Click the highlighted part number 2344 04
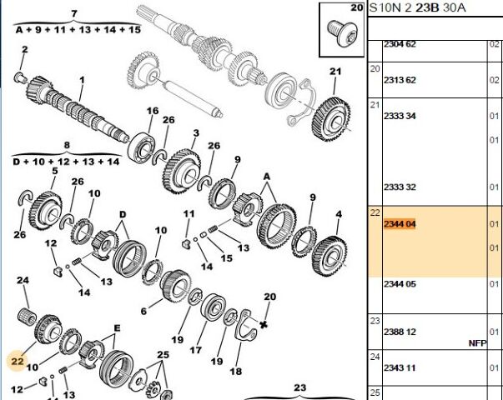tap(400, 223)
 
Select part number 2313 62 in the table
tap(400, 80)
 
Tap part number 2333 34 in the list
tap(400, 116)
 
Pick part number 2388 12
tap(400, 332)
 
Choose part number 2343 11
tap(400, 367)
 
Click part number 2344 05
tap(400, 284)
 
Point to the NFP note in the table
tap(477, 343)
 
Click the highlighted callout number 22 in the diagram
tap(18, 361)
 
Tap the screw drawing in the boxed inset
tap(341, 33)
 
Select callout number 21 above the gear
tap(335, 72)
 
